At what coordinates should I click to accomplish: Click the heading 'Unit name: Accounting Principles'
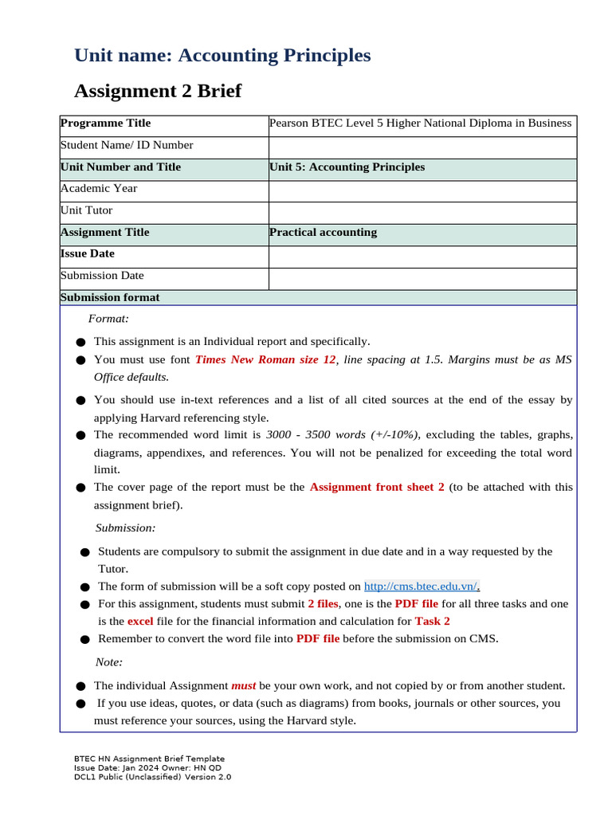[222, 56]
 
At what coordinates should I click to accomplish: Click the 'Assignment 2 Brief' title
[158, 92]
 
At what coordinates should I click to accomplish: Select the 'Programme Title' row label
[105, 124]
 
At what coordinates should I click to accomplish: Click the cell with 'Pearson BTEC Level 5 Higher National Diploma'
[421, 124]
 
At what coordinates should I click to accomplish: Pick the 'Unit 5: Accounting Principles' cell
[347, 167]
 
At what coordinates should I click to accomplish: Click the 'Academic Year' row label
[99, 189]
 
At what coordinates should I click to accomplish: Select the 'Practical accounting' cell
[324, 233]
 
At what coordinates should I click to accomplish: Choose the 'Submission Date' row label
[102, 276]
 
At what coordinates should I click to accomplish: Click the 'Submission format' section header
[110, 297]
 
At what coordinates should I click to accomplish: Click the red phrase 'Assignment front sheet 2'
[377, 487]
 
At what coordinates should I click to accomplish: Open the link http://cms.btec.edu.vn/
[422, 586]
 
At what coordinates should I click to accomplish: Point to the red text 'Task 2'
[433, 621]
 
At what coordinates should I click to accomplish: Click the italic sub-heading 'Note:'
[109, 662]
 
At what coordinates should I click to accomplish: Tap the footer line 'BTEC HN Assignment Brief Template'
[149, 759]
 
